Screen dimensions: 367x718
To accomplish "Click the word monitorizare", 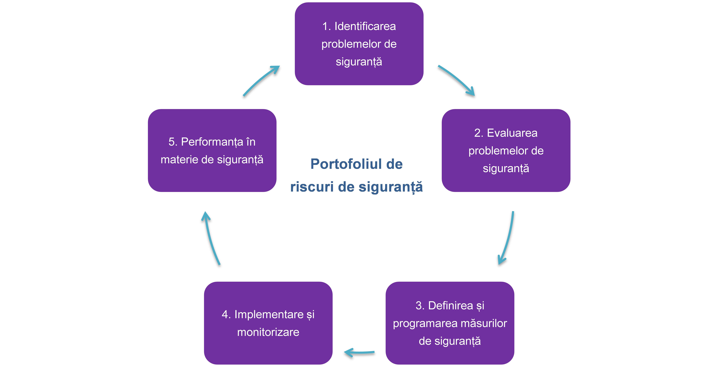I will click(x=268, y=332).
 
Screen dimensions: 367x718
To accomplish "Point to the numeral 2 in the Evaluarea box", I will click(x=477, y=133).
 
